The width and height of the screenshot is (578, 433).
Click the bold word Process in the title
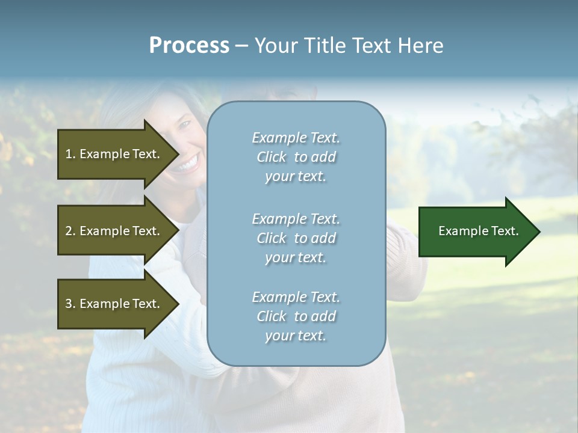click(x=189, y=46)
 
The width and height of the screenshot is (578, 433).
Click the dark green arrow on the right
click(x=476, y=231)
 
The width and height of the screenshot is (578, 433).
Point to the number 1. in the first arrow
click(x=70, y=154)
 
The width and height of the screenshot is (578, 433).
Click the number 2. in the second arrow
click(x=70, y=231)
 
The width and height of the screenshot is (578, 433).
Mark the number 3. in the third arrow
click(x=70, y=304)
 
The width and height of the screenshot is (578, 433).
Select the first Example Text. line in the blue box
click(x=296, y=138)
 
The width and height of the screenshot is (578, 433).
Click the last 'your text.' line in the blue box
click(x=296, y=336)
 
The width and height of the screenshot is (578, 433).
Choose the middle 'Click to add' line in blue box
click(x=296, y=238)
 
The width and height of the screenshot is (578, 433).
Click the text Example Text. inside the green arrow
click(x=478, y=231)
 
